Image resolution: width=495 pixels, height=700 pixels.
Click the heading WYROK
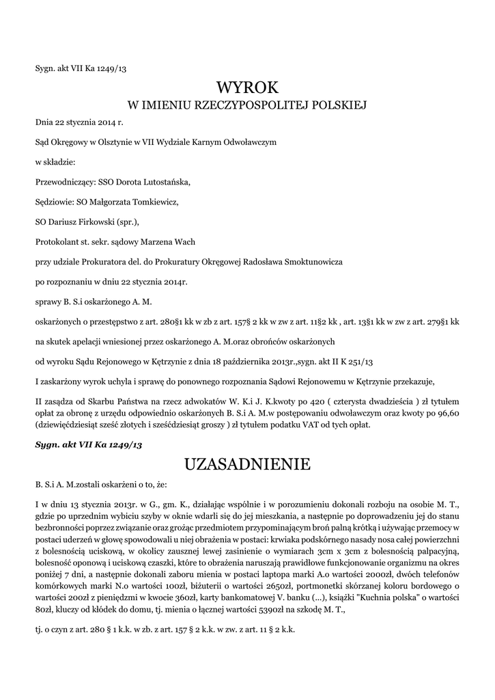(x=248, y=87)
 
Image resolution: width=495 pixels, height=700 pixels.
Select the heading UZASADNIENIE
(x=247, y=465)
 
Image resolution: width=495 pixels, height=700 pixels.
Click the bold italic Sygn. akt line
(x=78, y=444)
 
